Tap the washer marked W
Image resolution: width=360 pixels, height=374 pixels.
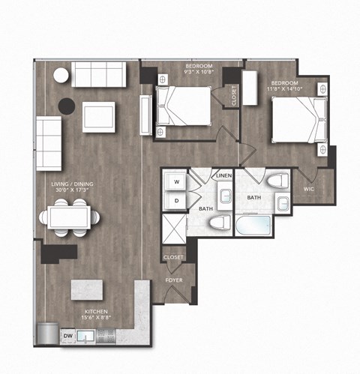[177, 182]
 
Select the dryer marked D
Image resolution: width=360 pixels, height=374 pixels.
[177, 200]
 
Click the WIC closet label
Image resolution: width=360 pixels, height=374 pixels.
[308, 190]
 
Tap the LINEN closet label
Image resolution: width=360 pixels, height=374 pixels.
[223, 176]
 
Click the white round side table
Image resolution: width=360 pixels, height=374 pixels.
[60, 74]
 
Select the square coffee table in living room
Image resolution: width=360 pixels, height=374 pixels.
[99, 116]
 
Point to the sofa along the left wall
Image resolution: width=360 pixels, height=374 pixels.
[49, 142]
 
